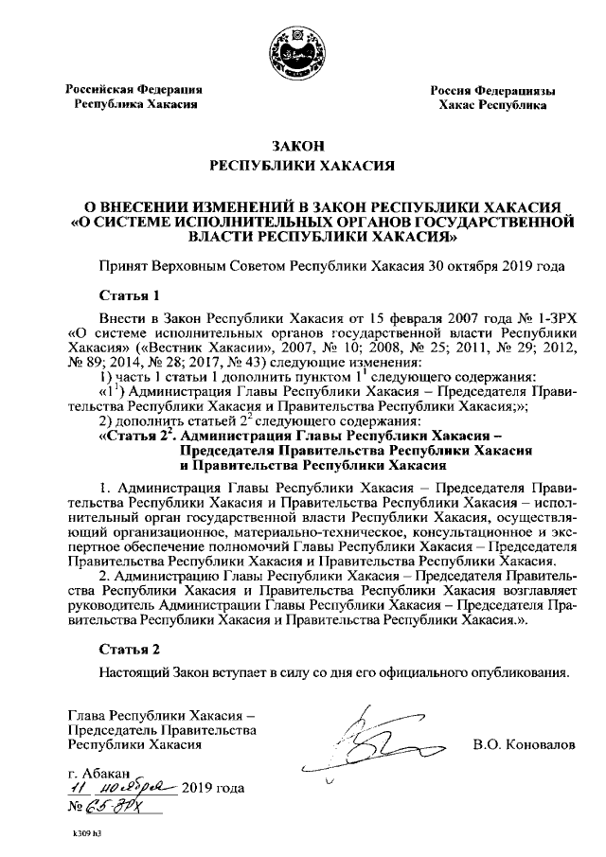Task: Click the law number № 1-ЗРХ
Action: coord(544,320)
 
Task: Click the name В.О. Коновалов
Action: coord(524,745)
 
